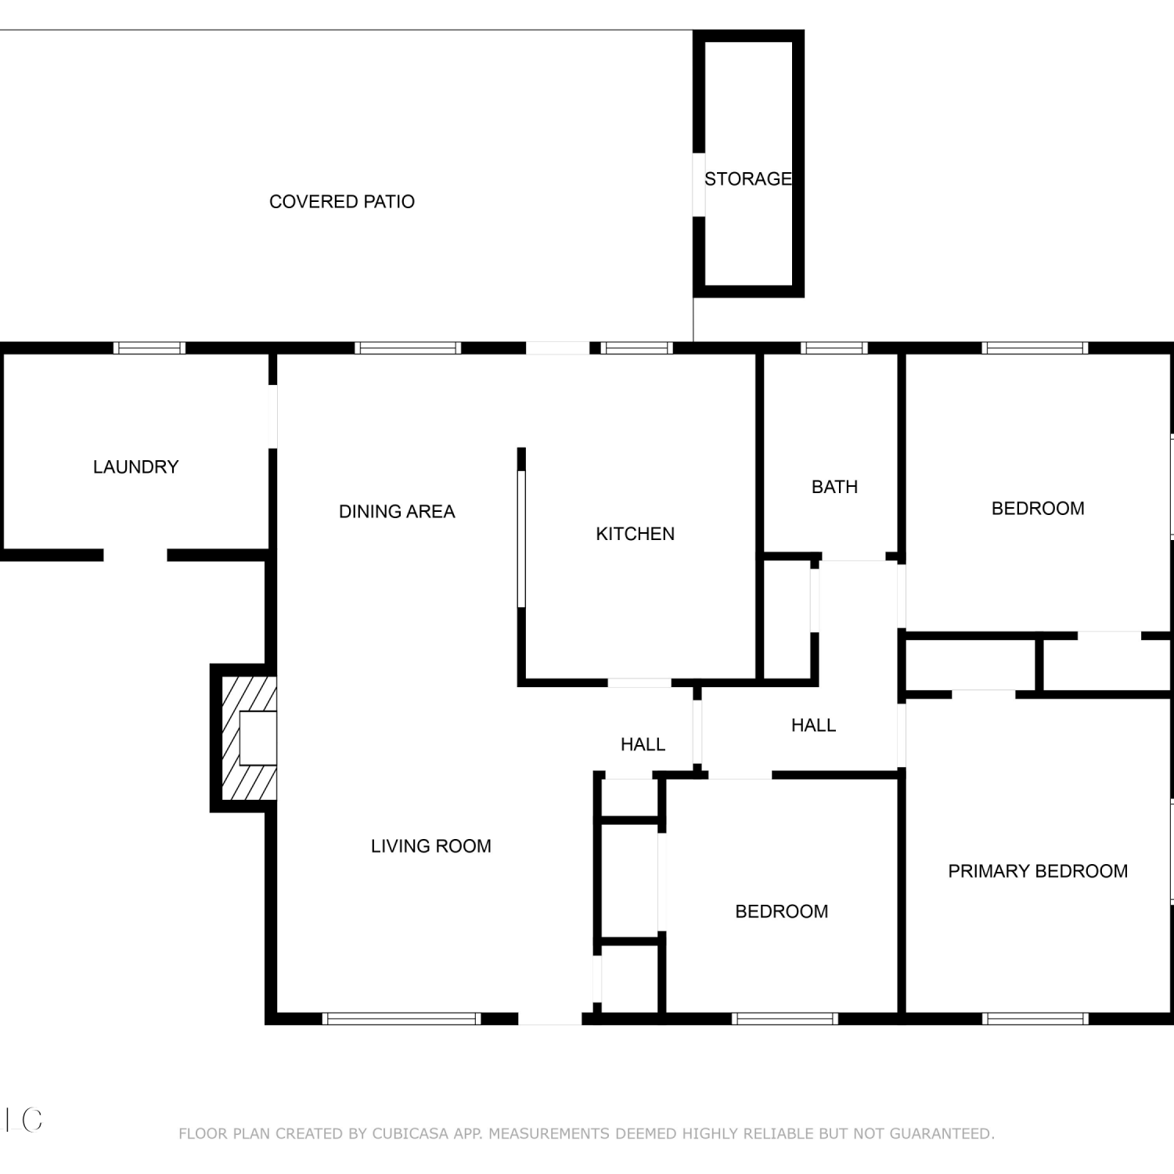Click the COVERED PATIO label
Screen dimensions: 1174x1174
point(342,202)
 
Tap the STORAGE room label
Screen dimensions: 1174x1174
point(748,179)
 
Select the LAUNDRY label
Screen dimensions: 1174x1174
point(136,467)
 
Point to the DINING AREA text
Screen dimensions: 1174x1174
point(397,512)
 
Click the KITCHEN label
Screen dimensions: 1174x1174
point(636,534)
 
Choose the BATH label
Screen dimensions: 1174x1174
point(835,487)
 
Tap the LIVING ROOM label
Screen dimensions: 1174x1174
point(431,846)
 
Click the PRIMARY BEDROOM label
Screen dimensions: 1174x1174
point(1038,871)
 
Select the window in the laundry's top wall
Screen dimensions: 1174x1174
point(149,348)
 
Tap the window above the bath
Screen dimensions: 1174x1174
point(834,348)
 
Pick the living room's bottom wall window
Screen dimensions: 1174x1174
point(402,1019)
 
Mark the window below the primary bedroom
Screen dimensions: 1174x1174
point(1035,1019)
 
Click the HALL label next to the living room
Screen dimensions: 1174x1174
point(643,745)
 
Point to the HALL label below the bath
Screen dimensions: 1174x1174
point(814,726)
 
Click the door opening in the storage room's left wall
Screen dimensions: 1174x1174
point(699,185)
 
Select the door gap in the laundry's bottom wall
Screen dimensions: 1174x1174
point(135,556)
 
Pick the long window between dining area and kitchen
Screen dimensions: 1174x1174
point(522,538)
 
